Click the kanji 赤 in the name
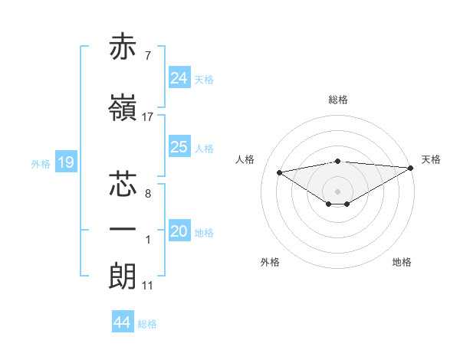124,47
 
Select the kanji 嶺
124,109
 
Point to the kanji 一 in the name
124,230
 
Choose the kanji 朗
124,276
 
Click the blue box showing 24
179,78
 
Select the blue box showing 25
179,147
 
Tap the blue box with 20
179,232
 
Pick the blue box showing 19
66,162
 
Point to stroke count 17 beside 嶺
148,117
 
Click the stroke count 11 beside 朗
148,286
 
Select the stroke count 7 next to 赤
147,56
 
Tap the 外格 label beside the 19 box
41,163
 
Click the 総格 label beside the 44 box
147,324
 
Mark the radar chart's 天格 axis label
431,159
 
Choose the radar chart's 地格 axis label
402,262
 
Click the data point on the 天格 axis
411,168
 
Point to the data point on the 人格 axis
279,172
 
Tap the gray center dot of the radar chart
337,190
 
